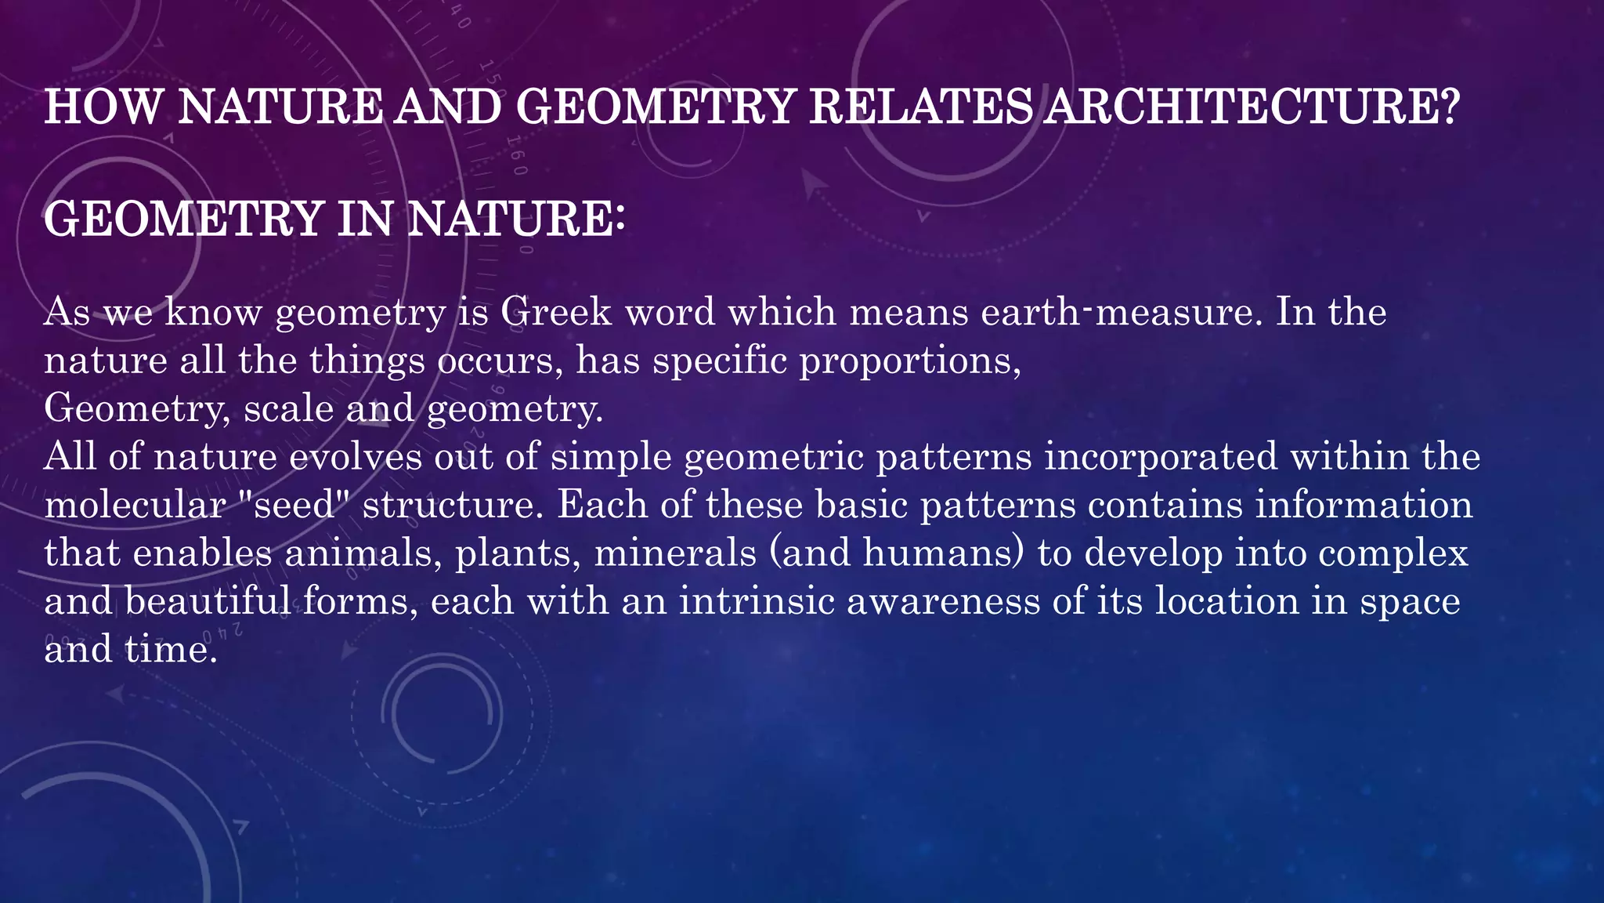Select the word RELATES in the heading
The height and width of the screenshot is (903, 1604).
(920, 107)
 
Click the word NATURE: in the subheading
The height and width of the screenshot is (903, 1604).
(516, 219)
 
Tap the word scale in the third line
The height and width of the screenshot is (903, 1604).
(288, 409)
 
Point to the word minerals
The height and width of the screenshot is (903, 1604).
(675, 553)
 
